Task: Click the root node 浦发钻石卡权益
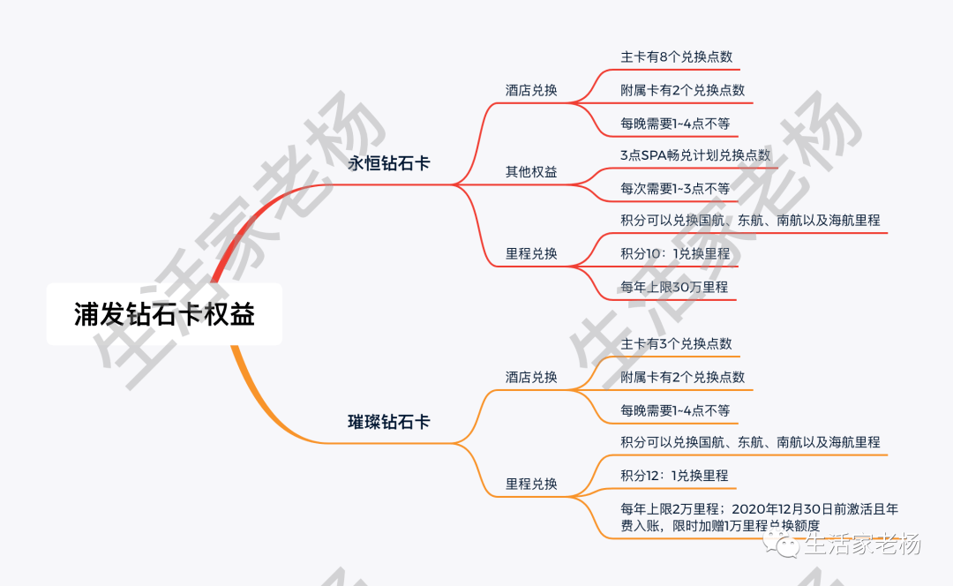(x=164, y=314)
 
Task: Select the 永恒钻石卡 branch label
(x=389, y=163)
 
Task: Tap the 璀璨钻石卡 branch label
(x=389, y=422)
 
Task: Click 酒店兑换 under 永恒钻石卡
(x=531, y=90)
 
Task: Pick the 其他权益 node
(x=531, y=172)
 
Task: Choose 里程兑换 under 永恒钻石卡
(x=531, y=253)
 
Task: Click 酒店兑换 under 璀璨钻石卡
(x=531, y=377)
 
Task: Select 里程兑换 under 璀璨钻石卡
(x=531, y=484)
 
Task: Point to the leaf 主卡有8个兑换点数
(x=676, y=56)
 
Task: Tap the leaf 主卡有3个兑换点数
(x=676, y=343)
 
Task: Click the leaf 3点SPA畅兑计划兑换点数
(x=695, y=154)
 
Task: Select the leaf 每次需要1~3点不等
(x=675, y=188)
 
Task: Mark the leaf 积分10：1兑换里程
(x=675, y=253)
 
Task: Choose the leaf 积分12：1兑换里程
(x=674, y=476)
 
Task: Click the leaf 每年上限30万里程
(x=674, y=287)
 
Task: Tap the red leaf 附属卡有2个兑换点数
(x=682, y=90)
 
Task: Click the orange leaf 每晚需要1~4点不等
(x=675, y=410)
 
